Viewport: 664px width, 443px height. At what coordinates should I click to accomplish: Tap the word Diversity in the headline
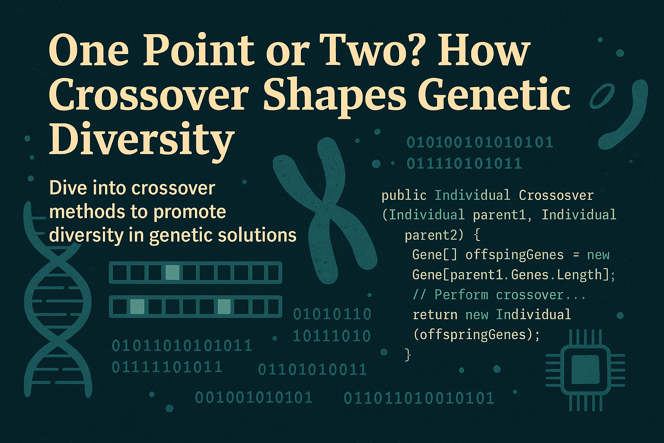tap(142, 139)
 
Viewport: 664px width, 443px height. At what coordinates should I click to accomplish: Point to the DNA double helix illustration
tap(56, 303)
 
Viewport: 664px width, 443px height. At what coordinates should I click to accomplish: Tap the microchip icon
tap(585, 370)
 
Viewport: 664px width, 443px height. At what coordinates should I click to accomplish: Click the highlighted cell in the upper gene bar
tap(172, 273)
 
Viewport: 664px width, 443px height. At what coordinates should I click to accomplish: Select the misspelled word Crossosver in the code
tap(556, 196)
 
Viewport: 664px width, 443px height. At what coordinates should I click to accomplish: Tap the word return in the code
tap(435, 315)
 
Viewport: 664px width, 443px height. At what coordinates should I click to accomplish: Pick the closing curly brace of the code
tap(407, 355)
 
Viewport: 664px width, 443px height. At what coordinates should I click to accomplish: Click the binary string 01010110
tap(332, 315)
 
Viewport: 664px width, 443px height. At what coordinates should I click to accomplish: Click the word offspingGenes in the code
tap(514, 255)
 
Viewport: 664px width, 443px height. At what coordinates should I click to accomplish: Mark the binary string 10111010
tap(332, 336)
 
